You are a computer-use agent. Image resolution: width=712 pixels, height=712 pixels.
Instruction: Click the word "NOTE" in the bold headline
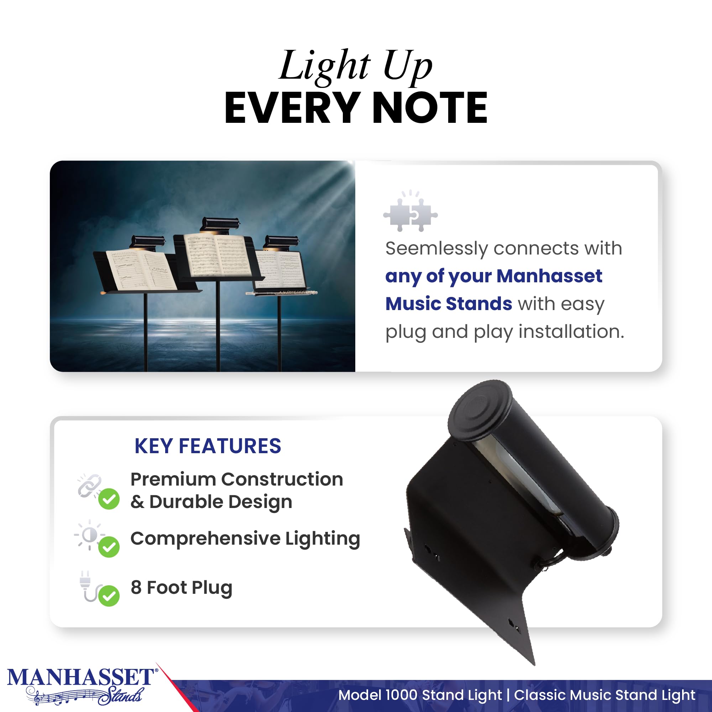[x=430, y=108]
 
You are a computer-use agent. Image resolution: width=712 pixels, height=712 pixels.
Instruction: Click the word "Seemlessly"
[x=436, y=249]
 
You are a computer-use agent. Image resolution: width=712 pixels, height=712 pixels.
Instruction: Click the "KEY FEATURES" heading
[x=208, y=446]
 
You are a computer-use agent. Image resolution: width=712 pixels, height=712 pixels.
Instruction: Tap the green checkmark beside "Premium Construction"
[x=109, y=499]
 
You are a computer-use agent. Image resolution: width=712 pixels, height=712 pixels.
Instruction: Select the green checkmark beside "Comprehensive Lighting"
[x=109, y=547]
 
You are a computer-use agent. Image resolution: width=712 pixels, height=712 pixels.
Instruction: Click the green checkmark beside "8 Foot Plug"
[x=109, y=596]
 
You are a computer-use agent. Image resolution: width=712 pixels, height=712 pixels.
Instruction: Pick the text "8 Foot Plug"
[x=181, y=588]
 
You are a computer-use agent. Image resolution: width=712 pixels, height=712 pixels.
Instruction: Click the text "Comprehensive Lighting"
[x=245, y=539]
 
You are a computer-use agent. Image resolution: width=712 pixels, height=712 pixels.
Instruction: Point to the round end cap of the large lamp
[x=480, y=409]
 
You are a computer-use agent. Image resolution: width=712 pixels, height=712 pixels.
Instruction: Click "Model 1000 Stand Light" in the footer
[x=420, y=695]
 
